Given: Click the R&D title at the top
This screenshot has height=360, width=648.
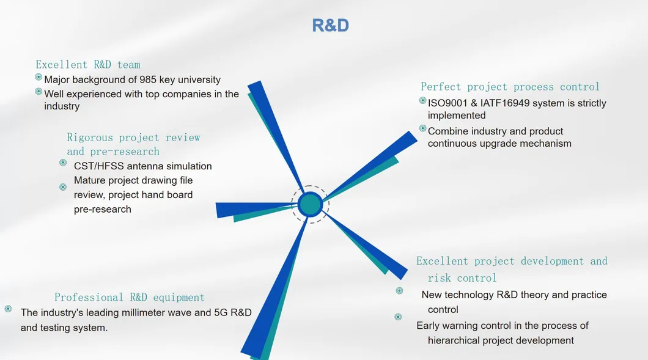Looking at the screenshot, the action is tap(330, 25).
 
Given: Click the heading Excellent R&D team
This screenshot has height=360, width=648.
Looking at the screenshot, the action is tap(88, 64).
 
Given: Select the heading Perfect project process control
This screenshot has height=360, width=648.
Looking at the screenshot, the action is tap(510, 87).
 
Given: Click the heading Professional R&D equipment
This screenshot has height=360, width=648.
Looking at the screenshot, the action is tap(130, 297).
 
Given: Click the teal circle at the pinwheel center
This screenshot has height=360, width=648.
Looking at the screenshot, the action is tap(310, 204).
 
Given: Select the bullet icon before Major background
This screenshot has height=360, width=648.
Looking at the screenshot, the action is tap(39, 77).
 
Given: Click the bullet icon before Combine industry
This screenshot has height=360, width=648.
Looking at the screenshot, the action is tap(422, 128).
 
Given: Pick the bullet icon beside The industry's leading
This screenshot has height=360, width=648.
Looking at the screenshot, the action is tap(8, 309).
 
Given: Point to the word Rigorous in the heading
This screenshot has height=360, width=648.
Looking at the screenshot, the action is tap(90, 138).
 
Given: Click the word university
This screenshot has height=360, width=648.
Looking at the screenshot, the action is tap(200, 79).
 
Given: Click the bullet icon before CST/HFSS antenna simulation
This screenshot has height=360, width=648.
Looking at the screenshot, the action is tap(63, 163).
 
